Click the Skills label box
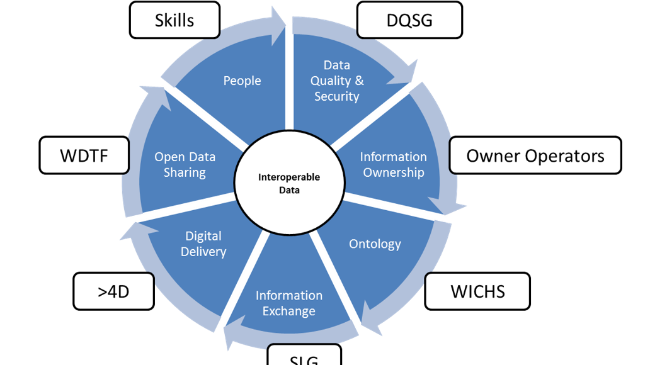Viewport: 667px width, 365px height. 174,20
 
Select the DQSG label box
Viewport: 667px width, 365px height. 409,20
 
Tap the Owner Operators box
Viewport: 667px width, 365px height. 535,155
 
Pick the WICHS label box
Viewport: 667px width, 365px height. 477,291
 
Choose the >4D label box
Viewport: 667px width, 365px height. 113,291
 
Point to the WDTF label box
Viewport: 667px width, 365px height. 84,155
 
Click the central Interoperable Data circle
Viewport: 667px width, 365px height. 289,183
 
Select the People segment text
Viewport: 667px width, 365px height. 242,81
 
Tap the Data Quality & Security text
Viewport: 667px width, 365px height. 336,81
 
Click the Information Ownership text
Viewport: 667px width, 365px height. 393,164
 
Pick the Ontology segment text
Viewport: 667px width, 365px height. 375,244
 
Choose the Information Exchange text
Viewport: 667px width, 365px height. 288,303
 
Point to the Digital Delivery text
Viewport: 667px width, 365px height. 203,244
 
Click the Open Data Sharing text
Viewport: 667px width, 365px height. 185,164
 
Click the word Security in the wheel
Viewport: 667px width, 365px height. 336,96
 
